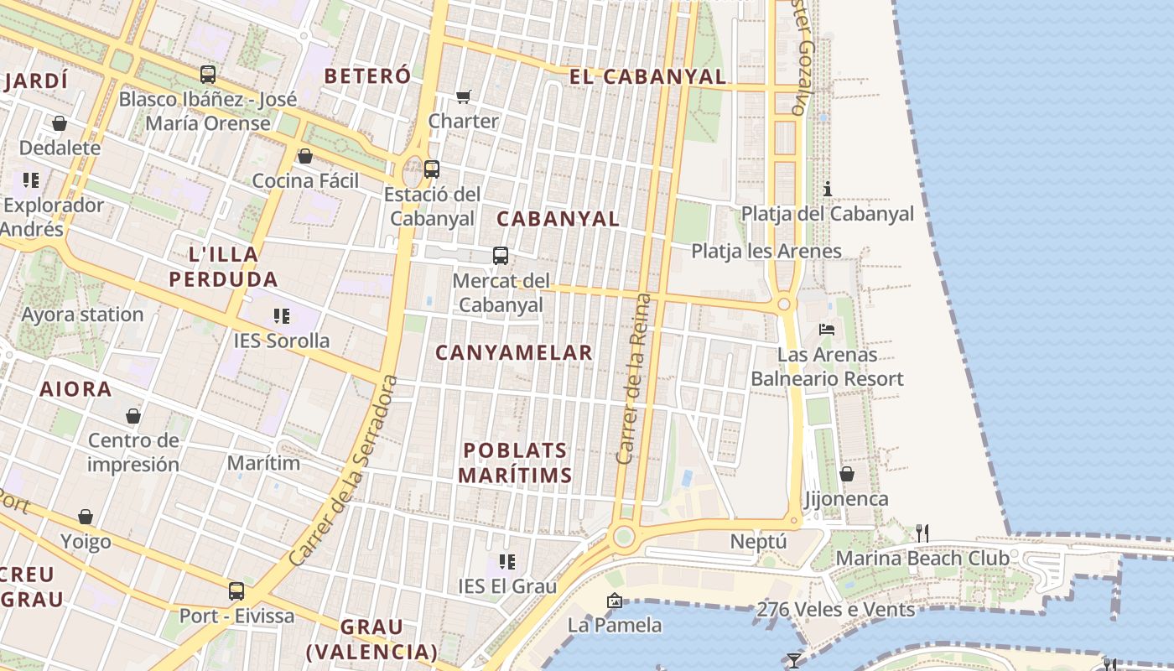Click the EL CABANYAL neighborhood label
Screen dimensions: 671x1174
pos(647,76)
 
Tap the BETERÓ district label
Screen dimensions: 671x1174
pos(367,75)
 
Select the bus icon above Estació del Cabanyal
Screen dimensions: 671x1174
pos(432,169)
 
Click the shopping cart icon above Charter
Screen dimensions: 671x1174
pos(464,96)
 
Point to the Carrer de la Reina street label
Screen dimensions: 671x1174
pos(633,379)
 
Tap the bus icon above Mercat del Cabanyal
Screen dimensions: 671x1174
pos(501,256)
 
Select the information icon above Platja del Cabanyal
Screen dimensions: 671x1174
pos(828,189)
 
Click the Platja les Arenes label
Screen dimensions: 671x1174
pos(766,251)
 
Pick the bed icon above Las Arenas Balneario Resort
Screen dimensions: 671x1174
pos(827,330)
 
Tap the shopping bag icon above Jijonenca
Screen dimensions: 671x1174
pos(847,474)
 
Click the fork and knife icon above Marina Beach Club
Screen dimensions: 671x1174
pos(922,533)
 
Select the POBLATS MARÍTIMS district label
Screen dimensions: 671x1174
pos(515,463)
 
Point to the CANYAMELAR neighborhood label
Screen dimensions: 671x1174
pos(514,353)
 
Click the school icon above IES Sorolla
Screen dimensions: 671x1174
pos(282,316)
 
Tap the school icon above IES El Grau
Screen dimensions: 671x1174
pos(506,561)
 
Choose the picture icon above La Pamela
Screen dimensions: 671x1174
pos(615,601)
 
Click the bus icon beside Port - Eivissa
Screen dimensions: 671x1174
pos(236,590)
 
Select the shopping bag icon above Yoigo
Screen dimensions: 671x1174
pos(86,517)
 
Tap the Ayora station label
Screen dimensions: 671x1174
pos(82,315)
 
